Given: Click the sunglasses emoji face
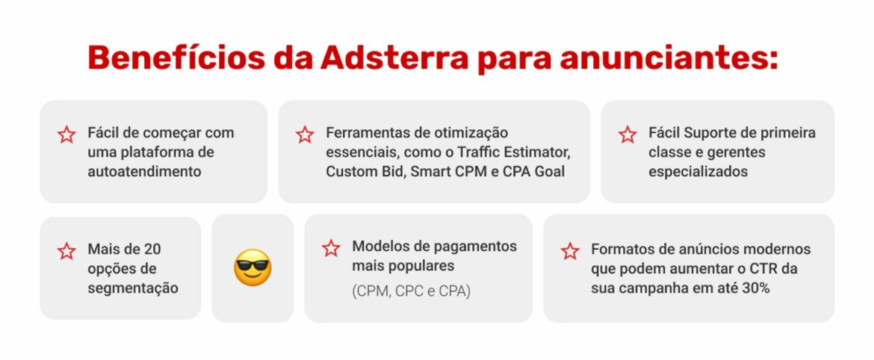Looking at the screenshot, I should [x=252, y=268].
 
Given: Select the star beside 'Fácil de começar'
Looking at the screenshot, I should [x=66, y=134].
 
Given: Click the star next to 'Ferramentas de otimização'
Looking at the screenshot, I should [x=305, y=134].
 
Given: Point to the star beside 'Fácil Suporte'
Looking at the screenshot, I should [x=627, y=134].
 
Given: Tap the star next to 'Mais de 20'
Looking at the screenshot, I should [x=66, y=251].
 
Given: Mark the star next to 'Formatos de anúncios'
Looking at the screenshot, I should [x=570, y=251].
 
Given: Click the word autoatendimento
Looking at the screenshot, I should [x=144, y=171].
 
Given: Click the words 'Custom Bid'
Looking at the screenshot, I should [x=361, y=171].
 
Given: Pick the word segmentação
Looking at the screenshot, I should [x=133, y=288].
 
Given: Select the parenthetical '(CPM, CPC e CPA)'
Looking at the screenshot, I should [x=411, y=291].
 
